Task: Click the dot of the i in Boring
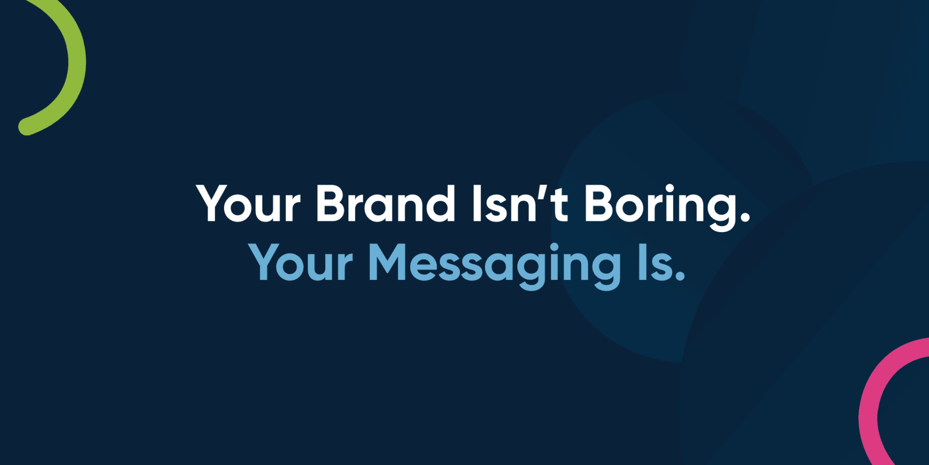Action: click(670, 188)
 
